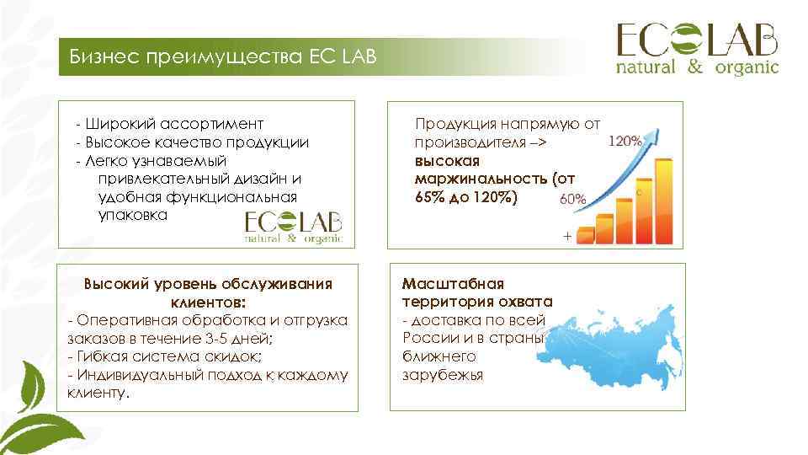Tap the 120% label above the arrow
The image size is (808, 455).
(x=625, y=141)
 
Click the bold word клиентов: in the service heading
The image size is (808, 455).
(x=208, y=302)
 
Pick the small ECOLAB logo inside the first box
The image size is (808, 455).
(x=294, y=227)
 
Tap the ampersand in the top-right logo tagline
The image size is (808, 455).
(x=694, y=67)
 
